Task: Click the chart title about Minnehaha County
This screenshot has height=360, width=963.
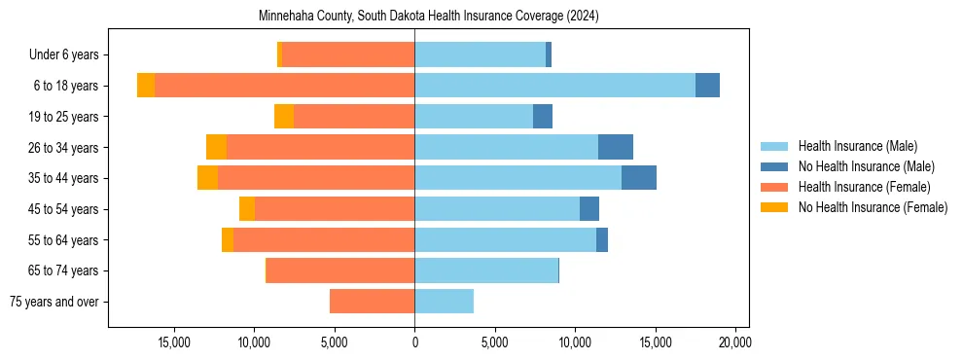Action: click(x=428, y=17)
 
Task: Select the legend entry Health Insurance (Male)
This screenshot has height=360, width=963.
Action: click(x=856, y=147)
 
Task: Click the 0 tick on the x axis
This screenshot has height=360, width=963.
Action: click(x=414, y=342)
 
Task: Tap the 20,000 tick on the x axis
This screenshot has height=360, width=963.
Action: click(x=734, y=342)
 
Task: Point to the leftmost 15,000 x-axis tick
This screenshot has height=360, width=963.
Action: click(x=174, y=342)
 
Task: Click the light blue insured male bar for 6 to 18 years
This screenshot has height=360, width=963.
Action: click(x=554, y=86)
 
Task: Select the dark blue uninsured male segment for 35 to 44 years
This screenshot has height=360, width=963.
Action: click(x=639, y=178)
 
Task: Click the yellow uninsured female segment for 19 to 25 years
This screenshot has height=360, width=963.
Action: click(x=284, y=117)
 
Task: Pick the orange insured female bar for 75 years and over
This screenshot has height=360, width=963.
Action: click(x=372, y=302)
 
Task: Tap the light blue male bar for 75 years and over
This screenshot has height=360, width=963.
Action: click(x=444, y=302)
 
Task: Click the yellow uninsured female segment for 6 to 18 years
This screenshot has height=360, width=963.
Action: click(x=146, y=86)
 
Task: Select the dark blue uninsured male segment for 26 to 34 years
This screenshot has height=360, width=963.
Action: click(x=616, y=147)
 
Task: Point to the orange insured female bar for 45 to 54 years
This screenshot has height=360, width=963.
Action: click(x=335, y=209)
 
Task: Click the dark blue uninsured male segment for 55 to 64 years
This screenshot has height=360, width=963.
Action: click(x=602, y=239)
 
